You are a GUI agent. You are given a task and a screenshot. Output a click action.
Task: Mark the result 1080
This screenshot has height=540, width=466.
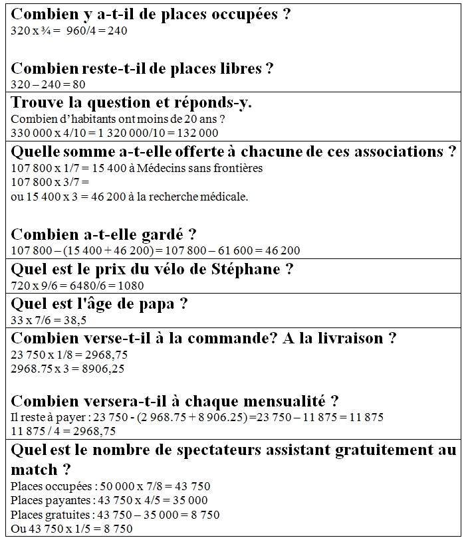(130, 286)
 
